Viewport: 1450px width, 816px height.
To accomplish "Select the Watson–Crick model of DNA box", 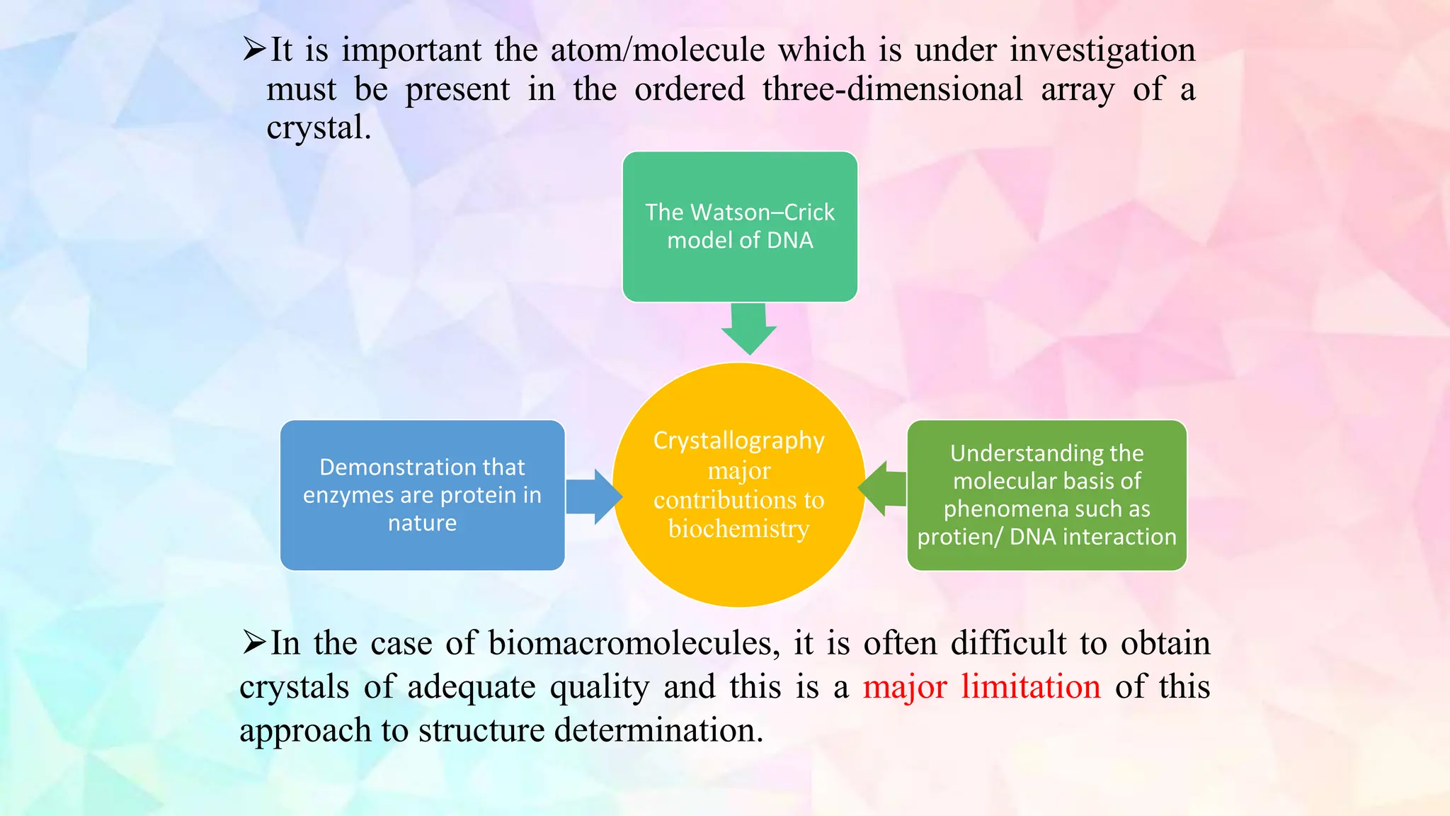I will pyautogui.click(x=740, y=227).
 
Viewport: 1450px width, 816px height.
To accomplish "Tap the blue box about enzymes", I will pyautogui.click(x=422, y=495).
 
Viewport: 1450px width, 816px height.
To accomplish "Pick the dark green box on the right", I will pyautogui.click(x=1046, y=495).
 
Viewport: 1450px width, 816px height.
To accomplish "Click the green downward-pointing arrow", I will pyautogui.click(x=749, y=329).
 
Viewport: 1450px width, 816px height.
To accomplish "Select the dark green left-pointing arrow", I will pyautogui.click(x=884, y=488).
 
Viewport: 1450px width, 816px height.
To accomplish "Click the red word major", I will pyautogui.click(x=904, y=686).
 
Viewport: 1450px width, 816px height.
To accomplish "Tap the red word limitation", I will pyautogui.click(x=1030, y=686).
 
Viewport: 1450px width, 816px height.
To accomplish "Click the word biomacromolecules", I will pyautogui.click(x=634, y=643).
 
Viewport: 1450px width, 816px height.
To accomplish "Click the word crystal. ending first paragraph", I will pyautogui.click(x=318, y=128).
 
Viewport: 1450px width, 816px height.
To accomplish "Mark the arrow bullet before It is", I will pyautogui.click(x=253, y=50).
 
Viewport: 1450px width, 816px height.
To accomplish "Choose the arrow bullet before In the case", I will pyautogui.click(x=253, y=642).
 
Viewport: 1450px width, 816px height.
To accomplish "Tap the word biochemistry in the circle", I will pyautogui.click(x=738, y=529).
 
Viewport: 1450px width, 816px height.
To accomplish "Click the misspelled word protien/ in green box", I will pyautogui.click(x=959, y=537).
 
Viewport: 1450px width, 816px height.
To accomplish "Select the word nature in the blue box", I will pyautogui.click(x=422, y=523).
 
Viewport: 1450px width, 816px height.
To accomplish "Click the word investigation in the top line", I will pyautogui.click(x=1102, y=50).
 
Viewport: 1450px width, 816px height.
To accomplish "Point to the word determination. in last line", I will pyautogui.click(x=658, y=730).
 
